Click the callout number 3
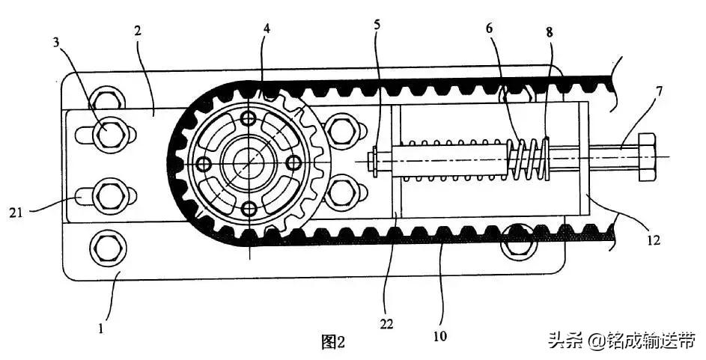coord(56,43)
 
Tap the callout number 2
coord(138,31)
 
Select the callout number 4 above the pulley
coord(267,28)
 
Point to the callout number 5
coord(377,24)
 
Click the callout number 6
coord(490,28)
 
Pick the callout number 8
coord(550,32)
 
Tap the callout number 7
coord(659,92)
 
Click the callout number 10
coord(440,336)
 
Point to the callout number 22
coord(386,324)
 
